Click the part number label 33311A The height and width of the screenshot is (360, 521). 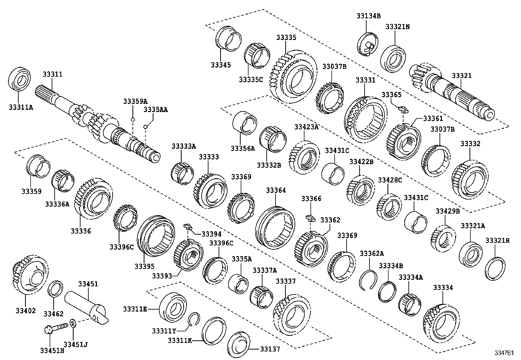tap(21, 106)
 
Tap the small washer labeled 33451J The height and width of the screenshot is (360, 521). tap(73, 325)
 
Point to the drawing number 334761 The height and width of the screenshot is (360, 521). tap(504, 354)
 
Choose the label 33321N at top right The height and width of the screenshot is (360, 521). tap(397, 27)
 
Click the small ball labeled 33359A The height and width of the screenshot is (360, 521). tap(133, 120)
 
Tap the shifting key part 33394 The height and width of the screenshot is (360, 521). tap(188, 226)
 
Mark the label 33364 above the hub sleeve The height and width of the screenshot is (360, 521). tap(276, 190)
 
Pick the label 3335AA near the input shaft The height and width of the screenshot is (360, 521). tap(155, 110)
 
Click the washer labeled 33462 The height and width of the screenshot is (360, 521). tap(56, 288)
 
